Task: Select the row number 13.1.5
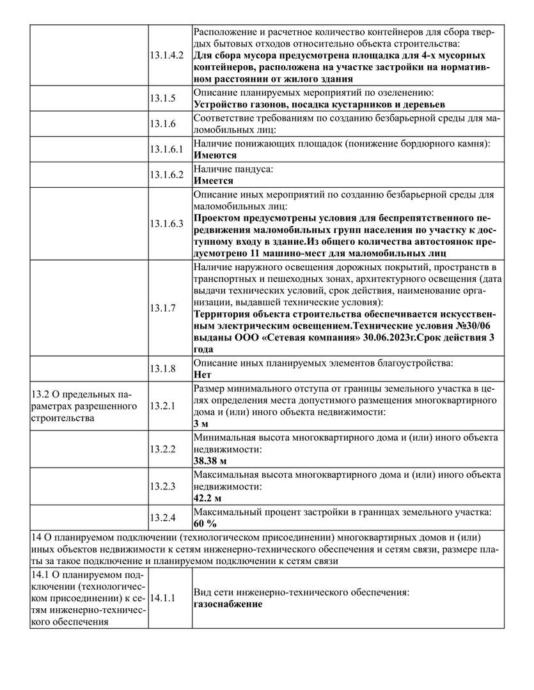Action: (x=162, y=98)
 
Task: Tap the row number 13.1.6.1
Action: (x=166, y=149)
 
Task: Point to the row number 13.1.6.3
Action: (x=166, y=224)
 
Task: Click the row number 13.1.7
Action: (x=162, y=308)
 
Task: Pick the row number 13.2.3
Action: (x=162, y=486)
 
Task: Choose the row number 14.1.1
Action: (x=162, y=599)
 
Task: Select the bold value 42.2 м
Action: (x=208, y=498)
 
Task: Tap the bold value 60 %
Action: (x=205, y=523)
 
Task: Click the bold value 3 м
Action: (x=200, y=423)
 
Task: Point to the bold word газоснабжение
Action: (x=228, y=604)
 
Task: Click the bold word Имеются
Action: (x=215, y=155)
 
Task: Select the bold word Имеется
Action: (x=213, y=181)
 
